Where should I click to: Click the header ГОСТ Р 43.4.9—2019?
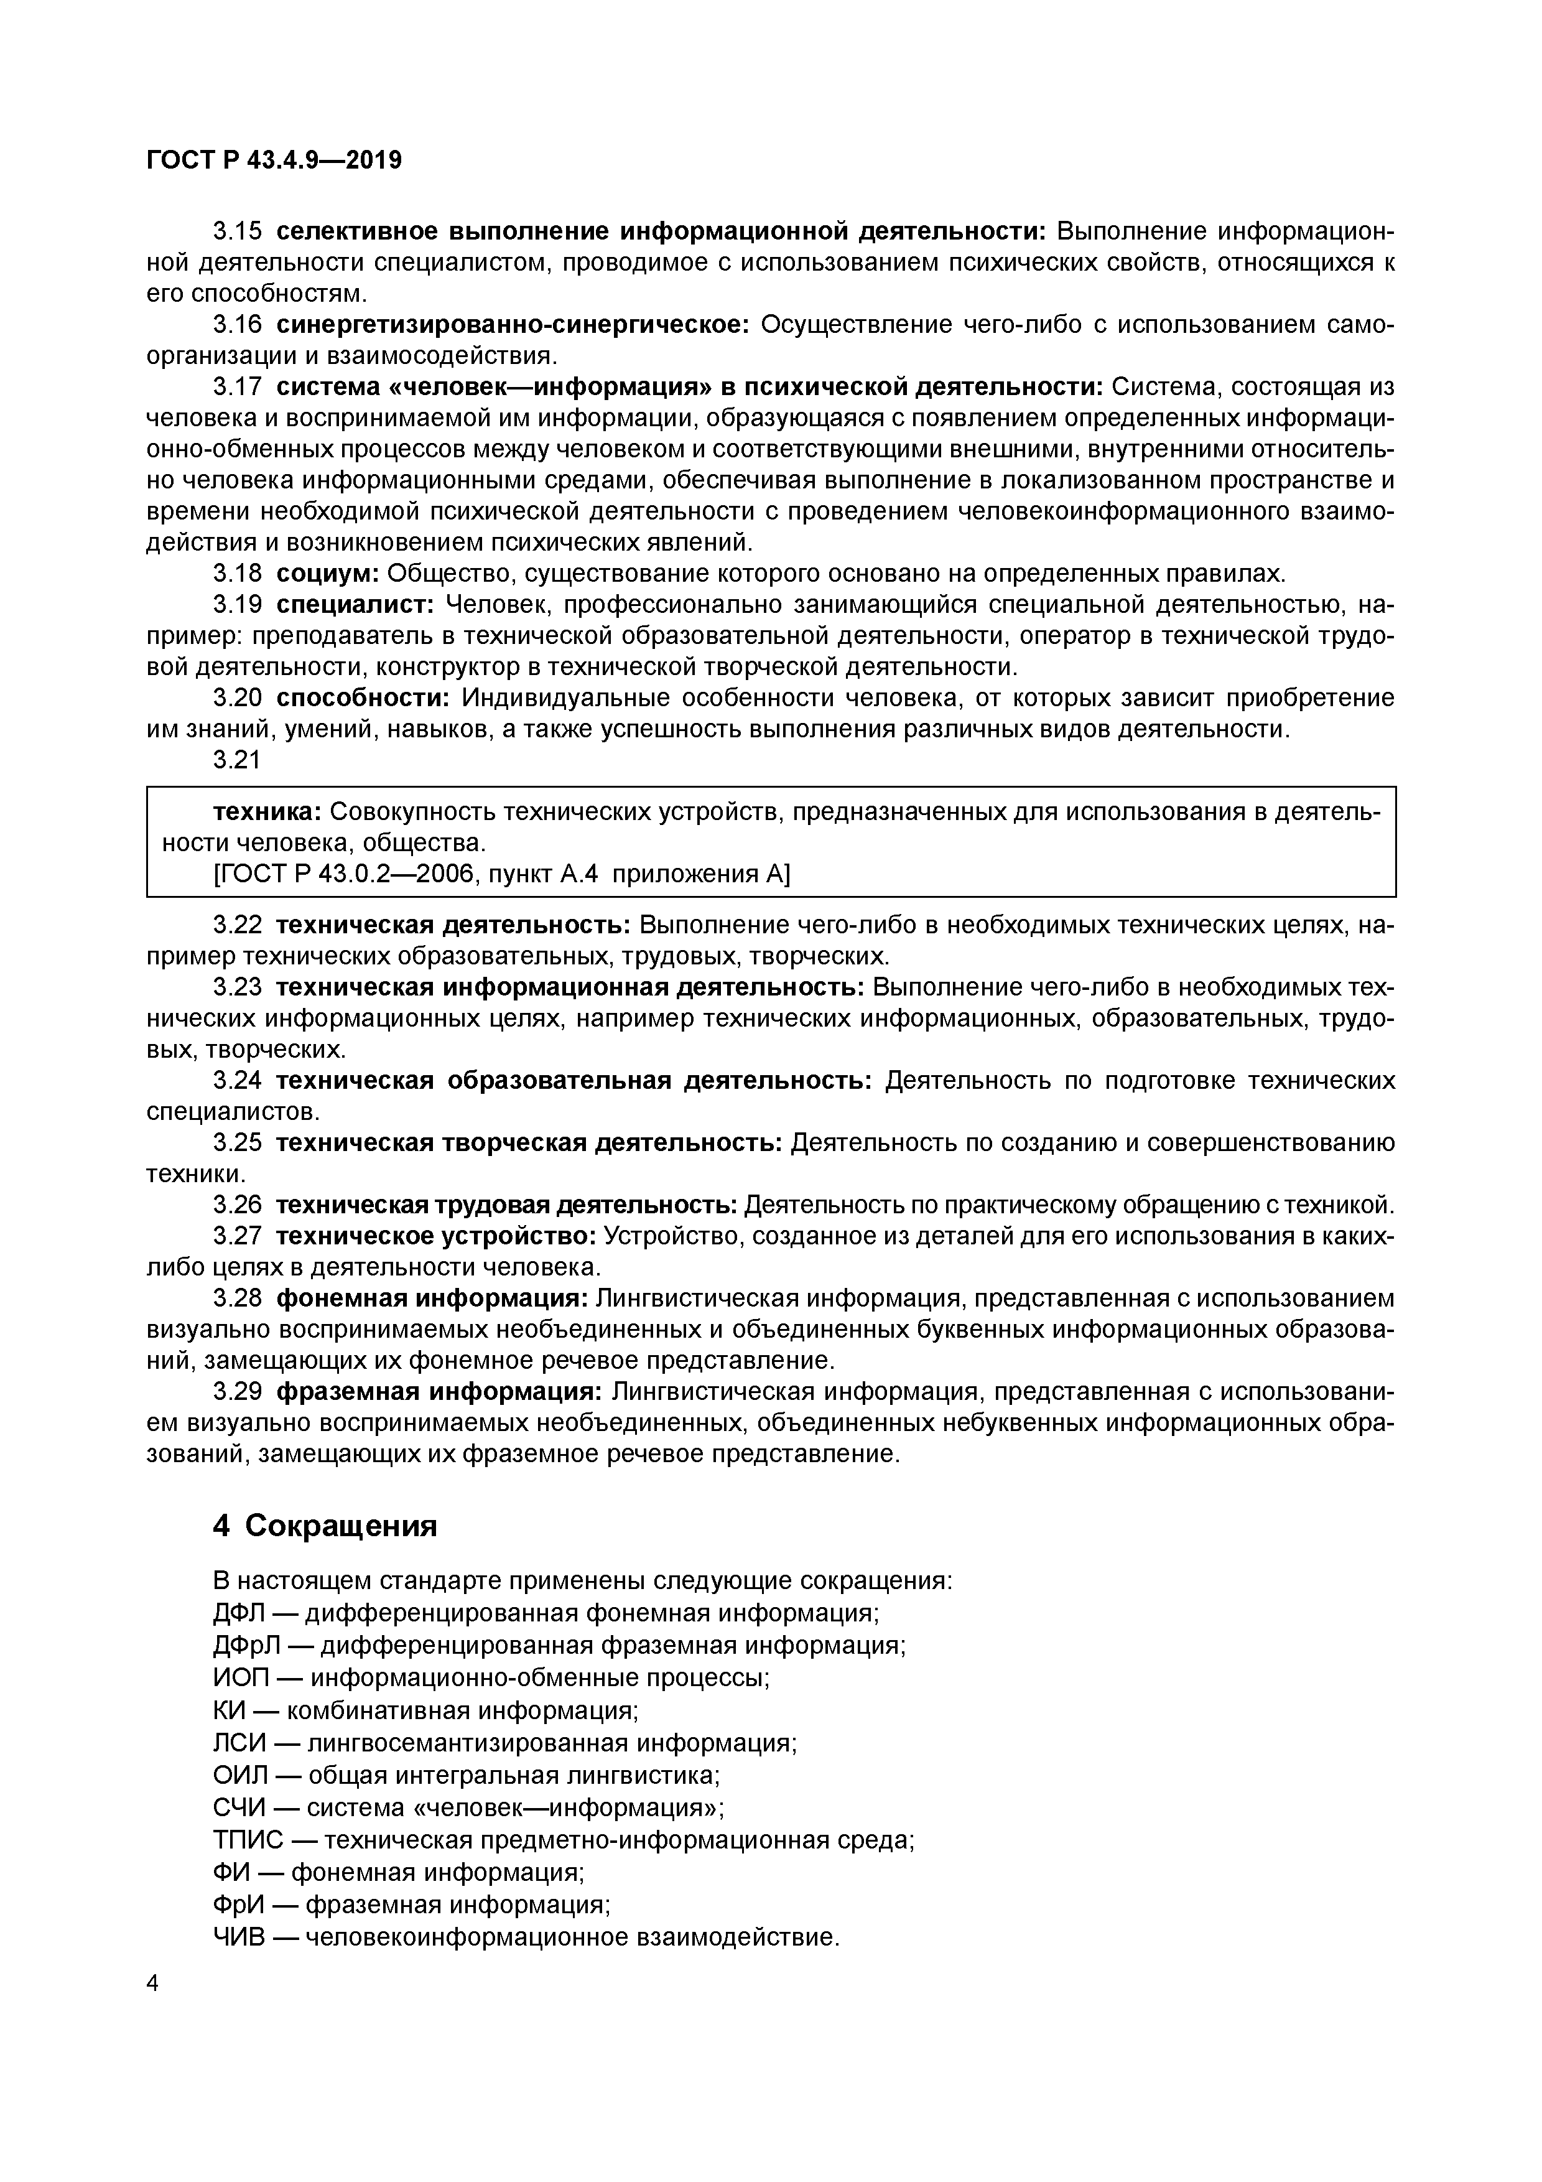coord(274,161)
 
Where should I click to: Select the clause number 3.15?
coord(236,232)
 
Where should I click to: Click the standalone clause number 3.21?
coord(236,760)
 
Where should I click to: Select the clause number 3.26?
coord(236,1206)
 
